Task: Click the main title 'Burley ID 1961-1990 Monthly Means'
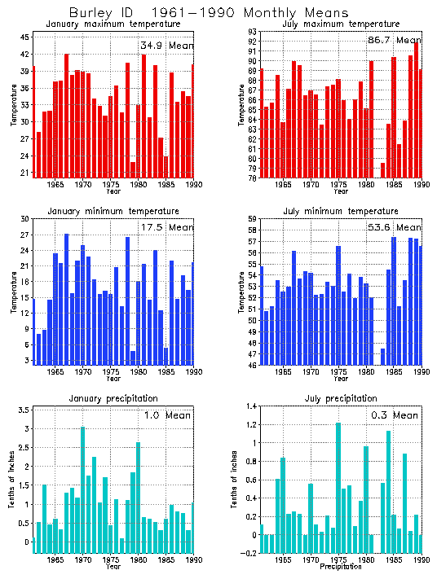(x=209, y=13)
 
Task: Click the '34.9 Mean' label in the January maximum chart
(x=166, y=45)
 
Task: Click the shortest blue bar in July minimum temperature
(x=383, y=356)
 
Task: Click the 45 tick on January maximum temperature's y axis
(x=26, y=37)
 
